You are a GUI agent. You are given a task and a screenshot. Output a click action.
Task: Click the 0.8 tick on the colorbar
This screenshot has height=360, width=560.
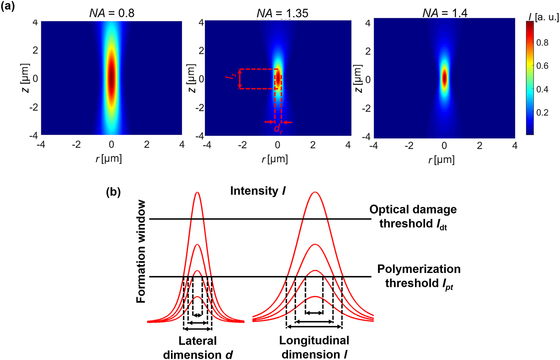(544, 42)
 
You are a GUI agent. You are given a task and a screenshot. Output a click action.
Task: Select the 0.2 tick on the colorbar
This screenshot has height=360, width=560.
(544, 112)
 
